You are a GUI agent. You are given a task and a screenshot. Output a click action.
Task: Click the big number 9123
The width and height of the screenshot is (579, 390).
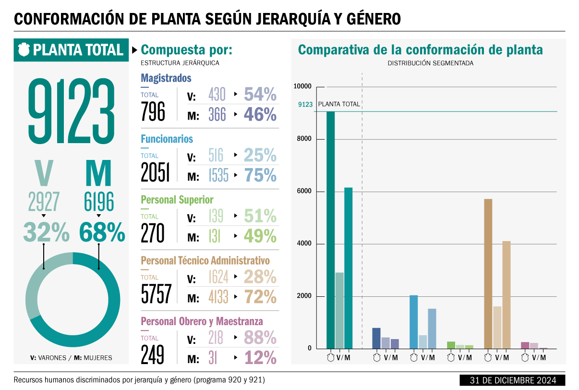tap(71, 112)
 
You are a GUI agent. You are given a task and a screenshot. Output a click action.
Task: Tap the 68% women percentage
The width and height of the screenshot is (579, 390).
tap(102, 233)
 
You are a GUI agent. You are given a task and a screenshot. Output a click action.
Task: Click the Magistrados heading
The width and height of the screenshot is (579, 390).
tap(166, 78)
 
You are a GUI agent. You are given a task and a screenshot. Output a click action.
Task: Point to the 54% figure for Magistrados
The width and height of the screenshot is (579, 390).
tap(260, 95)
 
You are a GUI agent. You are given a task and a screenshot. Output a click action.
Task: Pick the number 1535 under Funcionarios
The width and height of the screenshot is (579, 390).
tap(218, 176)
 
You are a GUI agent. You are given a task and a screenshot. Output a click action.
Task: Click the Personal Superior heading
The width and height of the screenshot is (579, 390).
tap(177, 200)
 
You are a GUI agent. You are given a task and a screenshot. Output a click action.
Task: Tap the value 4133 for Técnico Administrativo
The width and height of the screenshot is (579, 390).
tap(218, 297)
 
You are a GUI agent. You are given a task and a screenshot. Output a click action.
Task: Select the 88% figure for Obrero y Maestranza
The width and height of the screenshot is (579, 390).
tap(260, 338)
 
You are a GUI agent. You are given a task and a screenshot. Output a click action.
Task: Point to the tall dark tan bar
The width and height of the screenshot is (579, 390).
tap(488, 273)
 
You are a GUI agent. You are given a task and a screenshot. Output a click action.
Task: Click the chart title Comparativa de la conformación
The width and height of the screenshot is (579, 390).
tap(421, 50)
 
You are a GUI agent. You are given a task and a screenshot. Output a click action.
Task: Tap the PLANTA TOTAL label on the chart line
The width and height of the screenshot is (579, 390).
tap(339, 104)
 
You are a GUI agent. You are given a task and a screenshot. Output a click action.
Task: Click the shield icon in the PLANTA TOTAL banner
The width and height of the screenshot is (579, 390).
tap(24, 49)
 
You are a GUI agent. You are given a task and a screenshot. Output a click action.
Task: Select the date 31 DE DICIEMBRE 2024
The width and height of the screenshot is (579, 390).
tap(513, 380)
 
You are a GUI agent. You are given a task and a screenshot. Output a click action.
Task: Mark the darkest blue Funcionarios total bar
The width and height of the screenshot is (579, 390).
tap(413, 322)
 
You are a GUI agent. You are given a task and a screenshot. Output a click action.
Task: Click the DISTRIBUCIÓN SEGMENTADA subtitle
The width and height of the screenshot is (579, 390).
tap(430, 63)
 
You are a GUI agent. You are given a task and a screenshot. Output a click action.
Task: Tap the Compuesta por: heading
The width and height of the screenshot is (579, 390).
tap(187, 50)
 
